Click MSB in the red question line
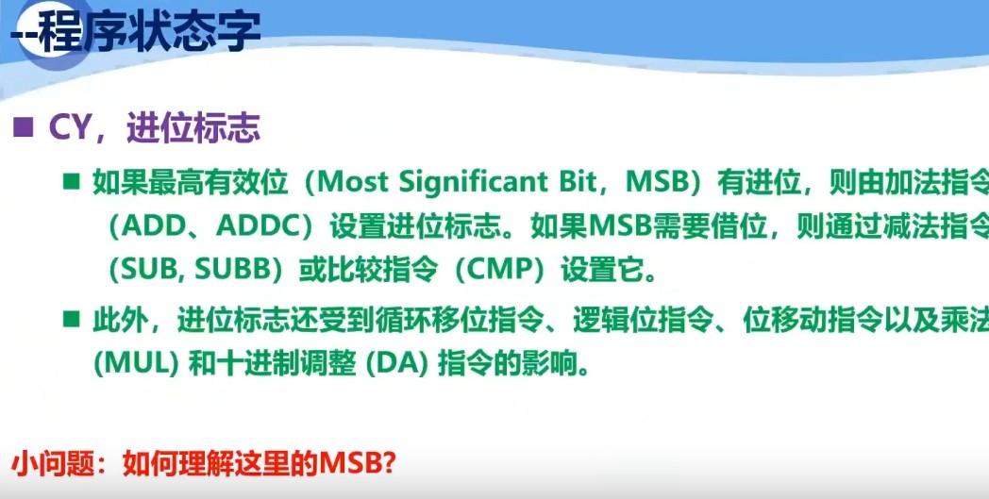coord(351,464)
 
